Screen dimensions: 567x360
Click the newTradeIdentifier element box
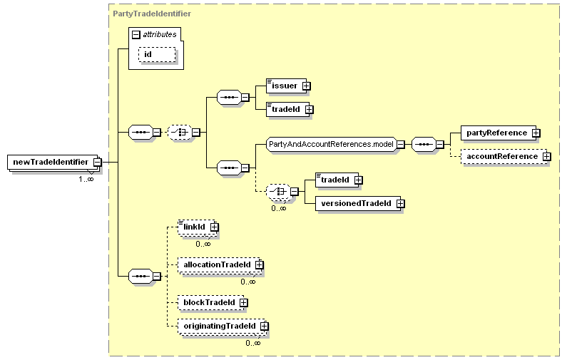[x=53, y=163]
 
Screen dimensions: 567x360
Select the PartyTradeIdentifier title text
[x=152, y=14]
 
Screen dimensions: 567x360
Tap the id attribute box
[x=157, y=55]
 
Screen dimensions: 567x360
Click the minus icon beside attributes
[x=136, y=35]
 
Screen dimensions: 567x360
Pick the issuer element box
[x=287, y=86]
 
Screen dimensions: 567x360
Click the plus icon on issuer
[x=306, y=86]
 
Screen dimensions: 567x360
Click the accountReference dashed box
[x=504, y=157]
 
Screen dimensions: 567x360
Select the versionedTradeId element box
[x=358, y=203]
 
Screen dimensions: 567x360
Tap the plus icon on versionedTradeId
[x=400, y=203]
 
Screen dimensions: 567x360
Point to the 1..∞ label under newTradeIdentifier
[x=86, y=179]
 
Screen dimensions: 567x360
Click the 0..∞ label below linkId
[x=203, y=244]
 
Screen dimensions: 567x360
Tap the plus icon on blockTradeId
[x=244, y=302]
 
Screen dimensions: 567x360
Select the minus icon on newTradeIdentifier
[x=97, y=163]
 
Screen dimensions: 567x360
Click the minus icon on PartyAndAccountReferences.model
[x=400, y=144]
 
